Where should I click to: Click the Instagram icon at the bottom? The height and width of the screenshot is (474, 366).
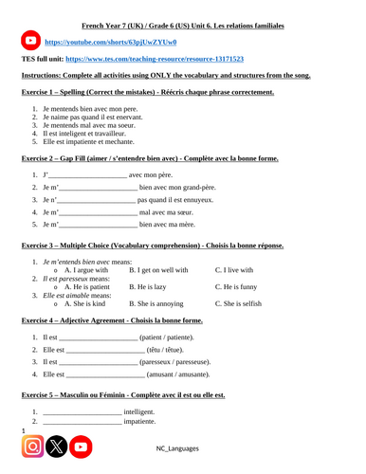31,447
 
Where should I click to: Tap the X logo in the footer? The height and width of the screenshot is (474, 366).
56,447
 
